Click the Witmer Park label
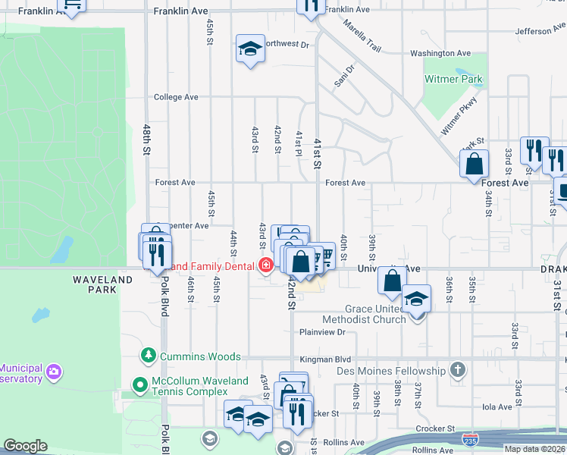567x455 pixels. [453, 79]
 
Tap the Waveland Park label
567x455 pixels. [105, 284]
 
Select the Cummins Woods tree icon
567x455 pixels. [148, 356]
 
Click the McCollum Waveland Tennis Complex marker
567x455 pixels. [139, 385]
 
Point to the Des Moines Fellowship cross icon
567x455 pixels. [457, 370]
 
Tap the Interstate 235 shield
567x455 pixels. [470, 438]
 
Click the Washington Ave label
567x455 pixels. [440, 53]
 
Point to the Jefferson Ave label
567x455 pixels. [540, 31]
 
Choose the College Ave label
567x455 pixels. [175, 97]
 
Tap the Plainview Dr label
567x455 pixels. [322, 332]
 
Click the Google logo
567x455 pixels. [25, 446]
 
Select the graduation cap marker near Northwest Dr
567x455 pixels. [250, 49]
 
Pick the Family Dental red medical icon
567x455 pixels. [265, 265]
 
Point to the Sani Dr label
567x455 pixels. [345, 75]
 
